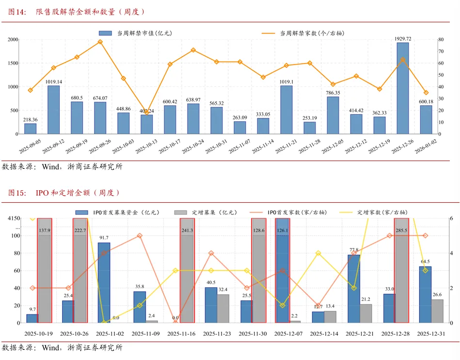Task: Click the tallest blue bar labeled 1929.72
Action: click(402, 88)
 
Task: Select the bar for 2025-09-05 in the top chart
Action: click(30, 129)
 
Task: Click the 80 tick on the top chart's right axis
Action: click(441, 40)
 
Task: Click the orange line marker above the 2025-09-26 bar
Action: click(100, 42)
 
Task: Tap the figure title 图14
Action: click(17, 12)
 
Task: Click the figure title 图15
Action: click(17, 193)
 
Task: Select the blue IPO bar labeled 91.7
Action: click(104, 282)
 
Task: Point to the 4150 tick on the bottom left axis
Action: click(13, 219)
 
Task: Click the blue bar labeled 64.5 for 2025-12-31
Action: click(425, 295)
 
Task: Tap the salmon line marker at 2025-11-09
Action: click(140, 236)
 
